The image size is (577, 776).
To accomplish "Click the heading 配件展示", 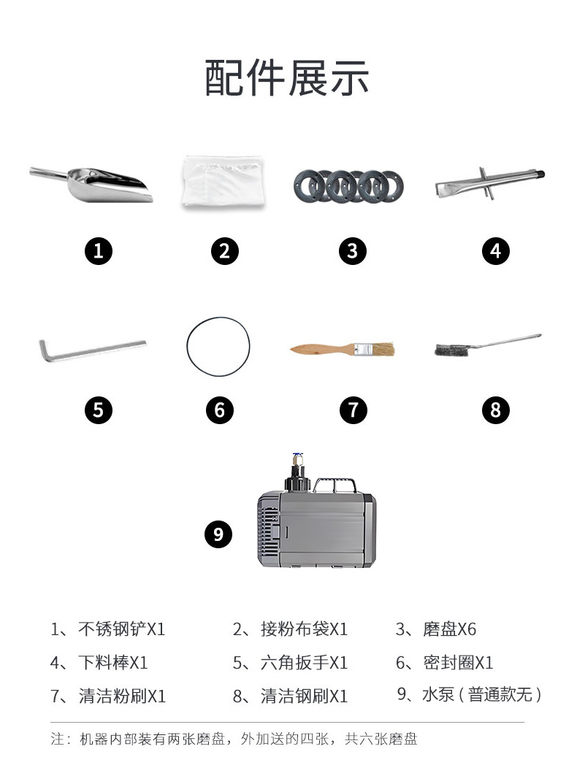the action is tap(287, 77).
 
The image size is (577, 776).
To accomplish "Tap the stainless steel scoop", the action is tap(99, 185).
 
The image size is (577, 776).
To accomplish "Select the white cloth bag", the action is tap(223, 181).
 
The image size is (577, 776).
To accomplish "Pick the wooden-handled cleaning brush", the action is tap(343, 350).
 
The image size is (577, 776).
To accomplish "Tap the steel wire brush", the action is tap(488, 345).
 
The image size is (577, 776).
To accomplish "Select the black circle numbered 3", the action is tap(352, 251).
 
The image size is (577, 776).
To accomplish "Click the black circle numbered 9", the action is tap(218, 534).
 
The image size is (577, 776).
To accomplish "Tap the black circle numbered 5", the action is tap(99, 410).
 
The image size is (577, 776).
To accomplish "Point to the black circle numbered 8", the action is tap(496, 410).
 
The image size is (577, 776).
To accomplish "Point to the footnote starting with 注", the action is tap(234, 739).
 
